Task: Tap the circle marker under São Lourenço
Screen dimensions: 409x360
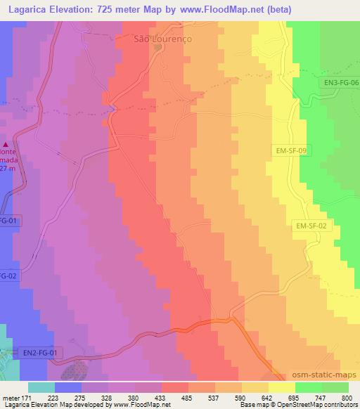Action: click(x=158, y=48)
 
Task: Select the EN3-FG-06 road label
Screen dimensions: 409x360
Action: click(x=341, y=82)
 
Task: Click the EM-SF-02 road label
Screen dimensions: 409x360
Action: click(x=311, y=226)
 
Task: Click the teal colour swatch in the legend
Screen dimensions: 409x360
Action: click(x=41, y=387)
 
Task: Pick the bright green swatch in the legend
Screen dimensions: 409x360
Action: click(x=308, y=387)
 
